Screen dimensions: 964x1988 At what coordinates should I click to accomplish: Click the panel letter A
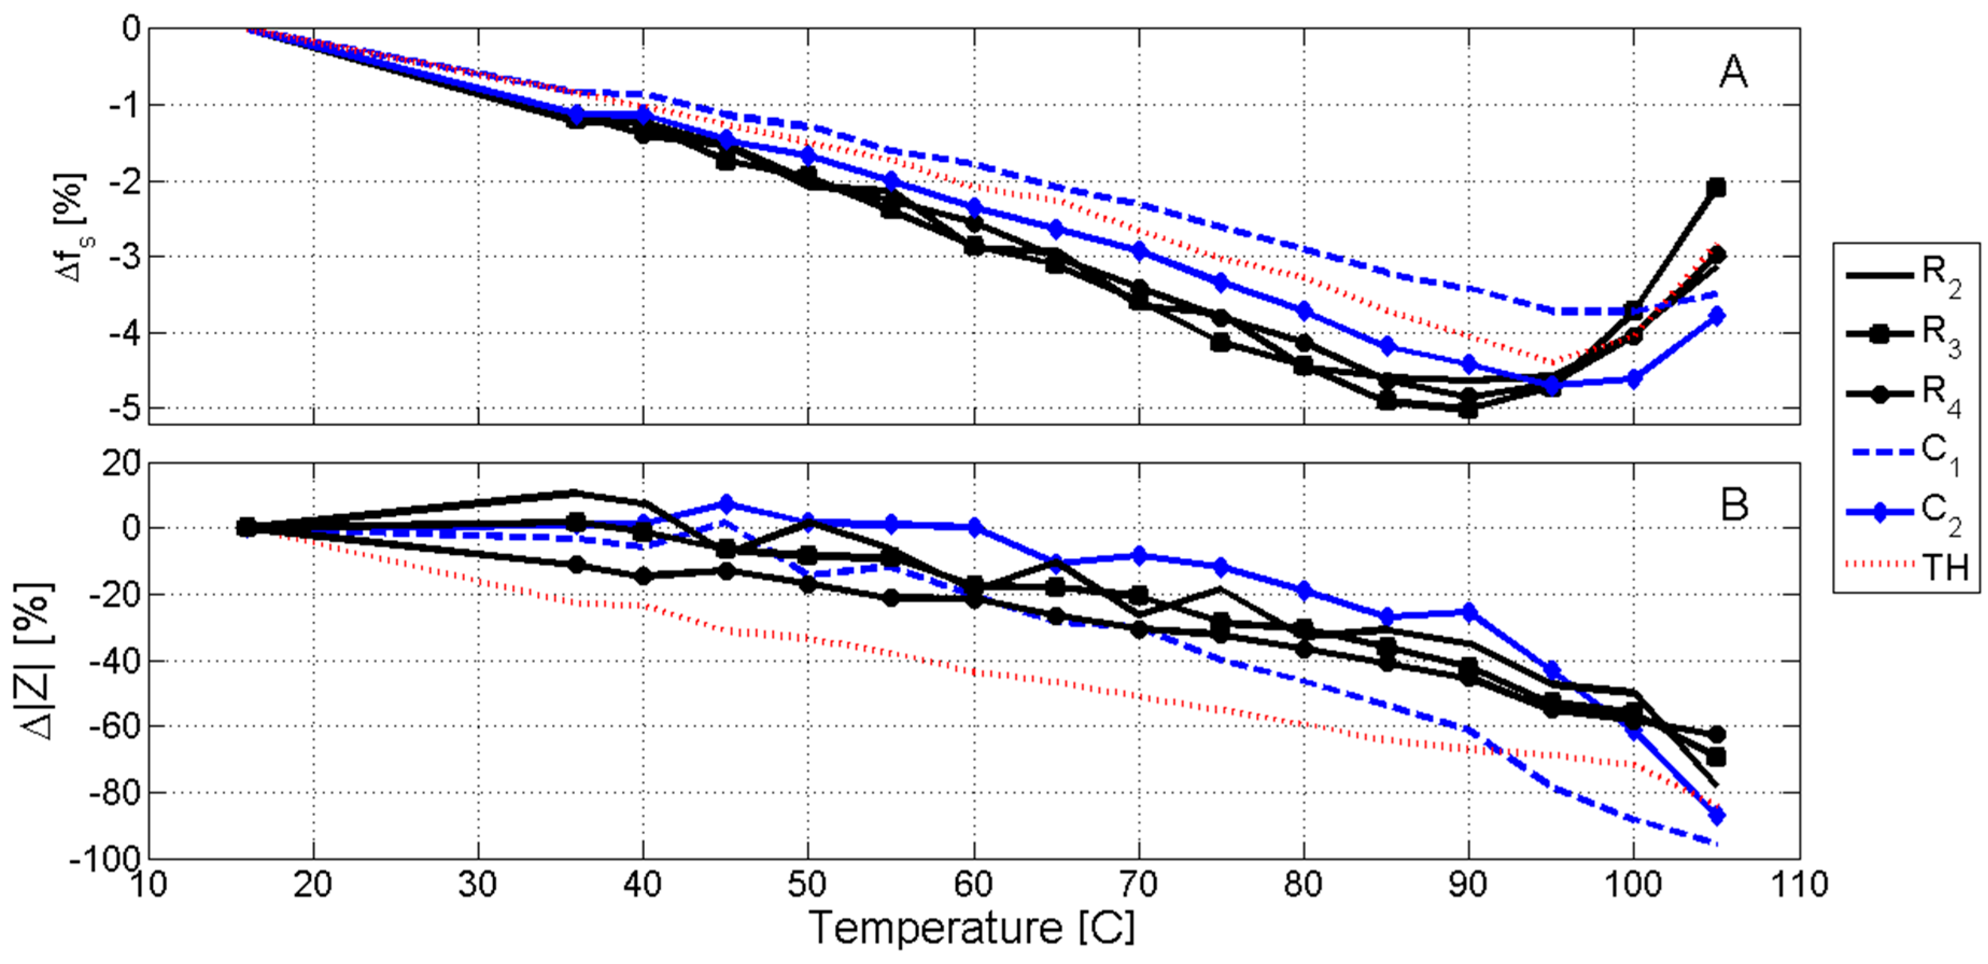pyautogui.click(x=1733, y=73)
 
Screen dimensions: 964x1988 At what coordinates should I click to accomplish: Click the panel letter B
pyautogui.click(x=1734, y=505)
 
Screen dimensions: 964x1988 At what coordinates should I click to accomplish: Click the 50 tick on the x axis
pyautogui.click(x=808, y=884)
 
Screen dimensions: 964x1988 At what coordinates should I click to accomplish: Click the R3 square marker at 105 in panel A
pyautogui.click(x=1716, y=187)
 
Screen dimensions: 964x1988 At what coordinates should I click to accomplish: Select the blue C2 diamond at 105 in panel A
pyautogui.click(x=1716, y=315)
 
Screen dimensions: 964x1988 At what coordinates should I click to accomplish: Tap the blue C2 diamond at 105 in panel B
pyautogui.click(x=1716, y=815)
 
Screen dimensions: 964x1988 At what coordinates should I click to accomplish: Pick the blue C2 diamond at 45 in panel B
pyautogui.click(x=725, y=504)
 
